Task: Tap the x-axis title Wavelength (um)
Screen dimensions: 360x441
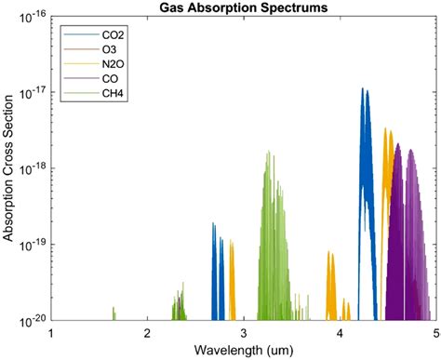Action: pos(243,350)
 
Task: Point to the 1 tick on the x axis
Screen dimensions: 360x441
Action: pos(51,332)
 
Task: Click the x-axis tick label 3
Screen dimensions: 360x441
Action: pos(244,332)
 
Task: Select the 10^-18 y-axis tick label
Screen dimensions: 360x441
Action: pos(32,168)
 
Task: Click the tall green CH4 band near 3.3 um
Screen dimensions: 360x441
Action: pos(268,186)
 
